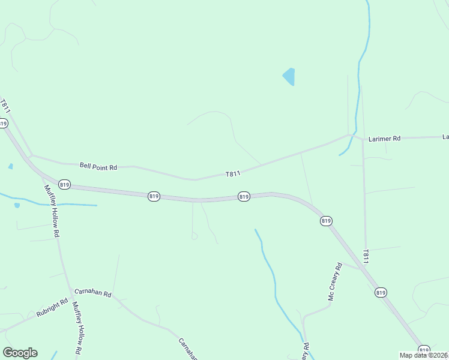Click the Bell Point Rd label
[98, 166]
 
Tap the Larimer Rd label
[384, 139]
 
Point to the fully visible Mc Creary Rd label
[334, 281]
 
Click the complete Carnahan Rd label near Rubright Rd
[92, 293]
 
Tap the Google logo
[20, 353]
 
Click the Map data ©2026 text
[423, 355]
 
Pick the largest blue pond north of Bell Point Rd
[289, 76]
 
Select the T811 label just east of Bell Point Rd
[233, 173]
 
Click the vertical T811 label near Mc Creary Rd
[365, 256]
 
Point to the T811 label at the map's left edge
[5, 107]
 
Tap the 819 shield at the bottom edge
[424, 350]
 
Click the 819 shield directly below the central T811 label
[244, 196]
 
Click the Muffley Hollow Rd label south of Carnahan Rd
[77, 327]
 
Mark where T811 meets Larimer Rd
[349, 135]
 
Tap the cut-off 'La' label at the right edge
[445, 137]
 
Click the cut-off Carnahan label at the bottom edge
[188, 350]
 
